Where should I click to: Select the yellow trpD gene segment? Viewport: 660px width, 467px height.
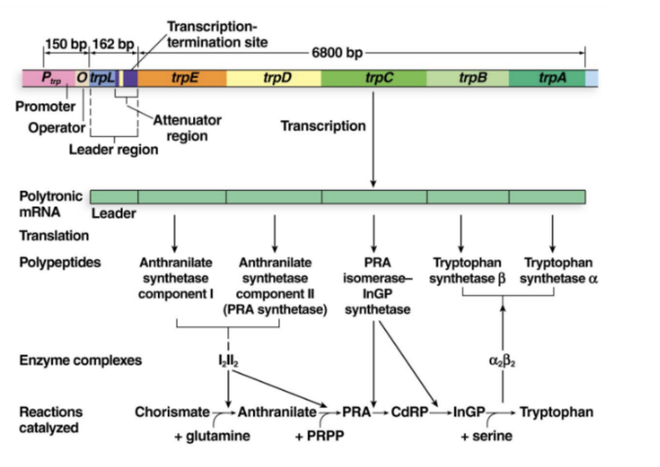[x=274, y=78]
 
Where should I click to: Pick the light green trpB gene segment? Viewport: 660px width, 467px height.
[x=468, y=78]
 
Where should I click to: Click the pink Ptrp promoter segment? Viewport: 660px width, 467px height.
[x=49, y=78]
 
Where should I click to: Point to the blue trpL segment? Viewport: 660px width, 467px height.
[x=102, y=78]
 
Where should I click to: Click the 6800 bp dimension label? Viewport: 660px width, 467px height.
[x=337, y=52]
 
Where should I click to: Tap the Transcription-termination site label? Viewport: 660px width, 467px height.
[x=217, y=34]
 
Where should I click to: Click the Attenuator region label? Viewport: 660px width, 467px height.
[x=187, y=128]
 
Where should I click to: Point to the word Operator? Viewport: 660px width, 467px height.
[x=56, y=128]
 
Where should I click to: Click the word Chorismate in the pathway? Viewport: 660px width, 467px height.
[x=172, y=412]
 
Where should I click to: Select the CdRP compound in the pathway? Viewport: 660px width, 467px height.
[x=409, y=412]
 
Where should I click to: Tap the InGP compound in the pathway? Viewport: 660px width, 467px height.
[x=469, y=412]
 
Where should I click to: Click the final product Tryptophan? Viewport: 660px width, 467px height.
[x=556, y=412]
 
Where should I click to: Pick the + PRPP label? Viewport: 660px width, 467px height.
[x=319, y=436]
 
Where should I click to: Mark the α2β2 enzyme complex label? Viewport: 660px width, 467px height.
[x=502, y=361]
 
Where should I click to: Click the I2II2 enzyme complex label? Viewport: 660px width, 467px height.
[x=228, y=361]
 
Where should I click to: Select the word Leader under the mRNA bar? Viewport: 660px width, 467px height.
[x=114, y=213]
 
